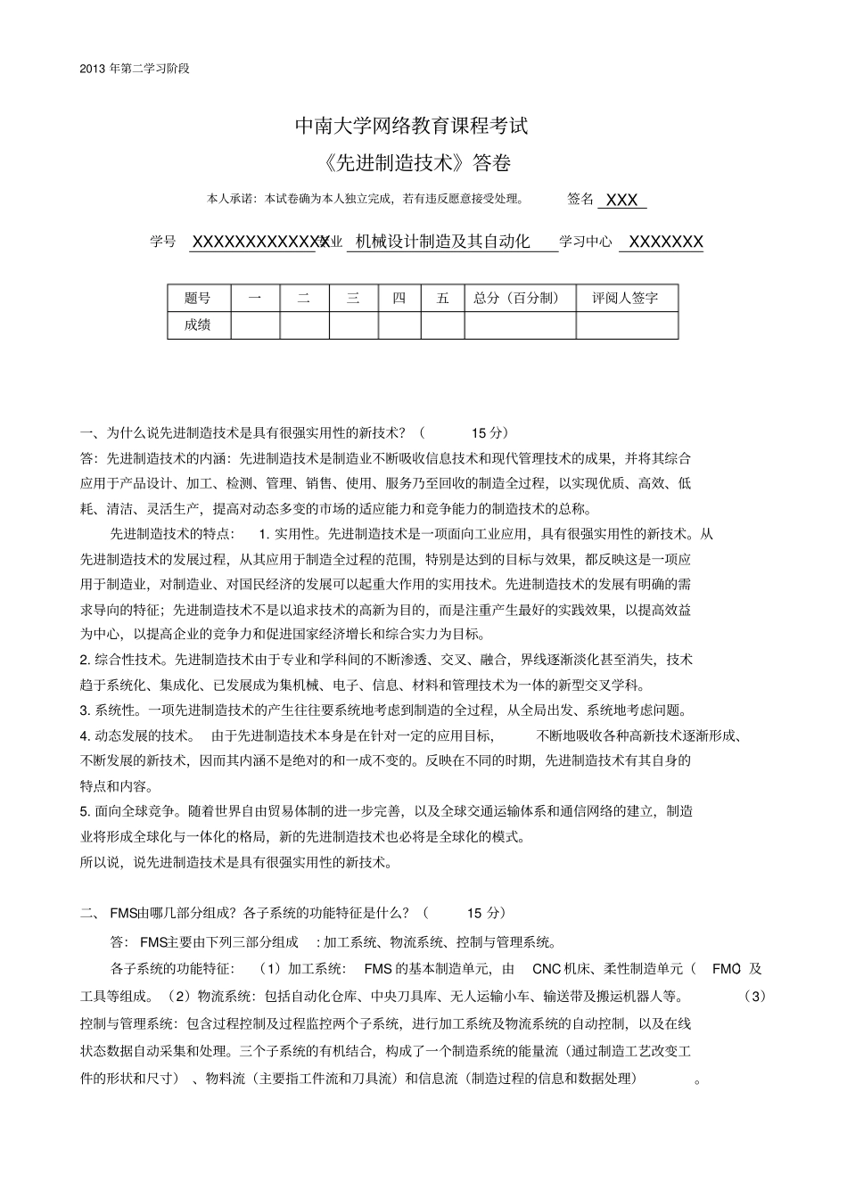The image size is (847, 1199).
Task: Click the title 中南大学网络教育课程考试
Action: pyautogui.click(x=411, y=126)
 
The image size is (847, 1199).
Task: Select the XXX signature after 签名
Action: pyautogui.click(x=621, y=201)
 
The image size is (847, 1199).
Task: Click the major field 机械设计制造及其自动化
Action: pyautogui.click(x=442, y=242)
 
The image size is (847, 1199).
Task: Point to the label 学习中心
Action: pyautogui.click(x=586, y=242)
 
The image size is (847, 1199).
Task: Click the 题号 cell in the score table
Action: pyautogui.click(x=198, y=299)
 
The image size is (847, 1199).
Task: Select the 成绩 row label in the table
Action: pyautogui.click(x=198, y=325)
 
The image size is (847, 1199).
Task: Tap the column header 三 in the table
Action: pyautogui.click(x=353, y=299)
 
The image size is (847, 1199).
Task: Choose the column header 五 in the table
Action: pyautogui.click(x=442, y=299)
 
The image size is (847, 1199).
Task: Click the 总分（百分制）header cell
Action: pyautogui.click(x=520, y=299)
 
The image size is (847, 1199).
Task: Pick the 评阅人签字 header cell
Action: pyautogui.click(x=626, y=299)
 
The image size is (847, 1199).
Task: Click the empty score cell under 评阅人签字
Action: pyautogui.click(x=626, y=325)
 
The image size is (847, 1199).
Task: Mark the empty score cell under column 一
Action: pyautogui.click(x=255, y=325)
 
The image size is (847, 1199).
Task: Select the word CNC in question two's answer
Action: pyautogui.click(x=546, y=969)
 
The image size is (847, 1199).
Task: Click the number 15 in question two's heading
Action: pyautogui.click(x=473, y=913)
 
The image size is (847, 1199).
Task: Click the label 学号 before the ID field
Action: pyautogui.click(x=163, y=242)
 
